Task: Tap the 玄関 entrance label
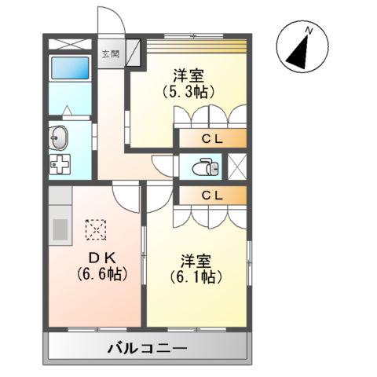[x=109, y=55]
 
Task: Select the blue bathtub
[x=69, y=68]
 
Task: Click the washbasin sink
[x=59, y=140]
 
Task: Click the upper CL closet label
[x=210, y=140]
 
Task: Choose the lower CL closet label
[x=210, y=193]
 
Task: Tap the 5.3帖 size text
[x=188, y=91]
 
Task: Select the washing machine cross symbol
[x=60, y=167]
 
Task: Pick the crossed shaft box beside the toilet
[x=236, y=167]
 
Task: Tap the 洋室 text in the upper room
[x=188, y=75]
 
